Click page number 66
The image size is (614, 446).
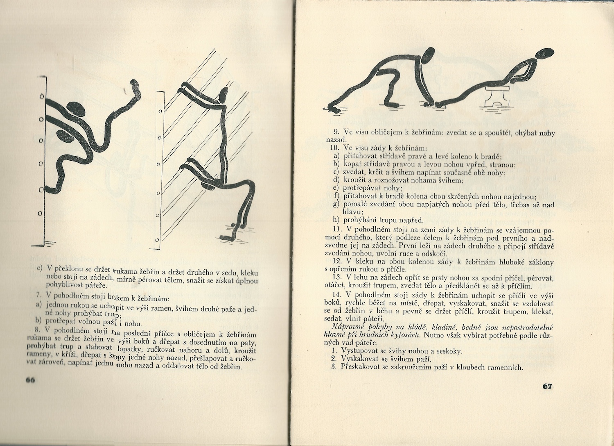click(30, 380)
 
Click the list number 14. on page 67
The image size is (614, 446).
click(337, 294)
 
